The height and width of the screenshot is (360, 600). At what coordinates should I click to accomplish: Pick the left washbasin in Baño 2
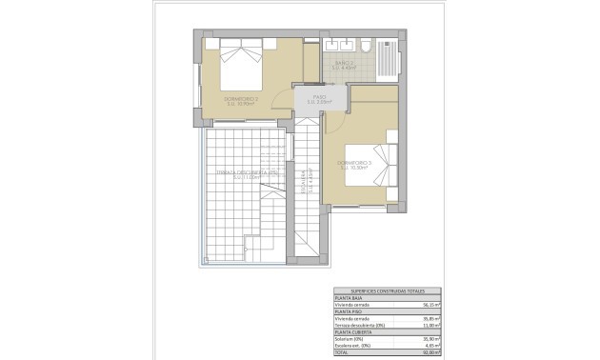coord(333,46)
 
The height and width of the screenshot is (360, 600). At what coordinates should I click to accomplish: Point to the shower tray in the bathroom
coord(389,59)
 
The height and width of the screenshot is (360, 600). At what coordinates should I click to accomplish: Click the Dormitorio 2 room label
coord(241,100)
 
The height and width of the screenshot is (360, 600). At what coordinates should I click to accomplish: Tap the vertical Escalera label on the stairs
coord(304,181)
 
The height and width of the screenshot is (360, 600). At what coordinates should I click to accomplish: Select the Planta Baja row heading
coord(349,298)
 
